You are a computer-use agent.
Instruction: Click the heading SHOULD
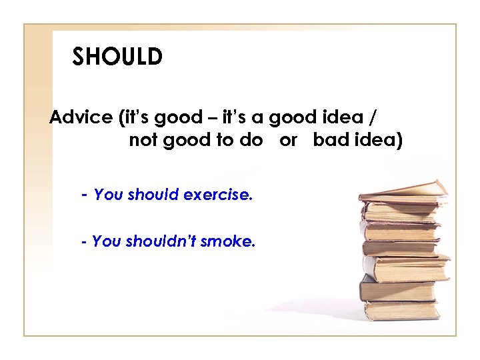tap(117, 57)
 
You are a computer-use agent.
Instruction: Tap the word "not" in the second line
tap(141, 141)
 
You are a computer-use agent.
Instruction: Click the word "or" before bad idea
tap(288, 141)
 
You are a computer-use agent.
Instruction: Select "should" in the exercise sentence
tap(153, 195)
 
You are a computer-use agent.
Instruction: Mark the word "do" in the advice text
tap(253, 141)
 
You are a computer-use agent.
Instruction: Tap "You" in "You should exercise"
tap(107, 195)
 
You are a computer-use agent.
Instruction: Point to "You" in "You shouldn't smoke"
tap(105, 241)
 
